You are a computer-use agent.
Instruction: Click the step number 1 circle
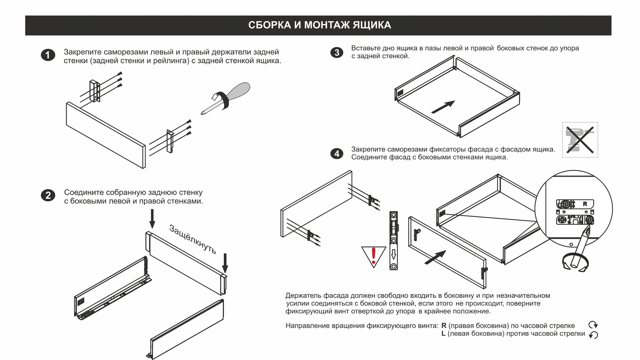(48, 55)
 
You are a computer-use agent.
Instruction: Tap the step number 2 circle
(48, 195)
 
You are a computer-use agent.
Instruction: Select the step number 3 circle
(337, 53)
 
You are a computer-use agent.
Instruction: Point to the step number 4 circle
(337, 154)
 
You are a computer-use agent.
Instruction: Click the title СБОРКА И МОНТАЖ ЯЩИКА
(319, 25)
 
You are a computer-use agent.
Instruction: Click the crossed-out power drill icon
(580, 140)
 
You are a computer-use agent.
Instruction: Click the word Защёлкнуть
(193, 239)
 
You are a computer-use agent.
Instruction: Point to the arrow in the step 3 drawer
(443, 107)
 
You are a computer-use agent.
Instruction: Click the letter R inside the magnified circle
(585, 204)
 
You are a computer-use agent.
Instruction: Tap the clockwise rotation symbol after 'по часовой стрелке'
(593, 325)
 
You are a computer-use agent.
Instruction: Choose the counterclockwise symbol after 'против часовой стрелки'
(593, 335)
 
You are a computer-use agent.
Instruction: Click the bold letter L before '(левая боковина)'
(443, 334)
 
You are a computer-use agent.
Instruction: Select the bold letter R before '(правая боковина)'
(444, 326)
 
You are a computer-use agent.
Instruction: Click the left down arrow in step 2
(152, 219)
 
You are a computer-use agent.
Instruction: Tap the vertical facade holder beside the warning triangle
(394, 240)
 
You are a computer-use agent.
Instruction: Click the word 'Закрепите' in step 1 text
(82, 52)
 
